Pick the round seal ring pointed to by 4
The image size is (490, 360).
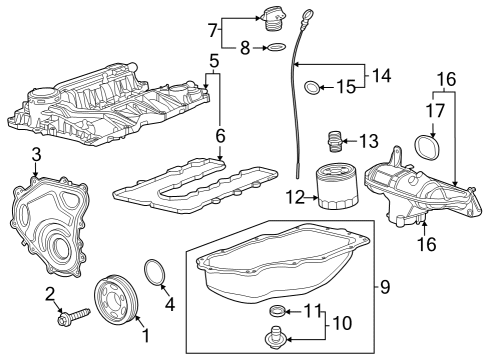coord(155,272)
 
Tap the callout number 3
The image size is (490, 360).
coord(35,153)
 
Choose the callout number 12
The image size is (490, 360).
coord(294,199)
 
